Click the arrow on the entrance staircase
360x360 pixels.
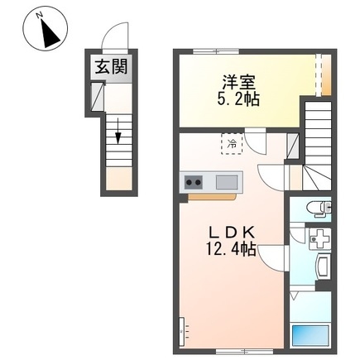click(x=118, y=132)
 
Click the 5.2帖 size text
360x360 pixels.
click(x=238, y=99)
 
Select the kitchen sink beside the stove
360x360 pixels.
click(x=226, y=182)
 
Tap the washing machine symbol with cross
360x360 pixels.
click(x=317, y=240)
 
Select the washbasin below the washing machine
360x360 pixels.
click(x=321, y=267)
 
